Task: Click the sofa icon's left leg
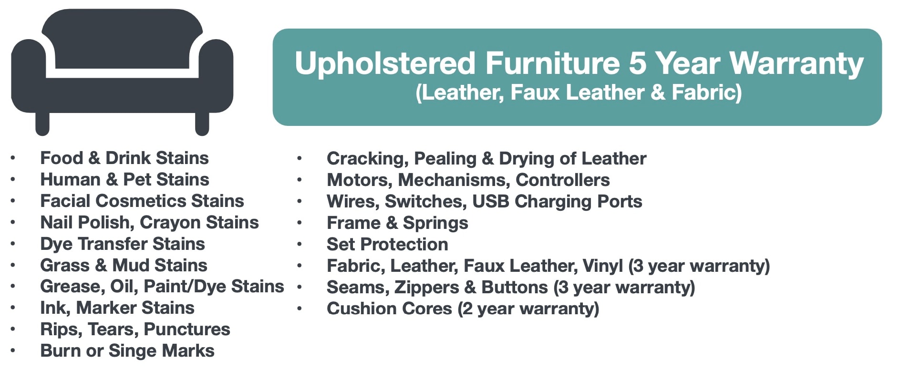click(x=42, y=124)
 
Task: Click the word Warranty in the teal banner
click(x=796, y=63)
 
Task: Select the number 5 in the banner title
click(x=637, y=63)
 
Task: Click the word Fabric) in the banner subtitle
click(x=707, y=93)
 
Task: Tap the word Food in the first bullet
click(x=62, y=158)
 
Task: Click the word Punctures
click(x=186, y=329)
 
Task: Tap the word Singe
click(x=133, y=351)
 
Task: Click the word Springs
click(x=435, y=223)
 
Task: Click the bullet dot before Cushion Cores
click(x=300, y=309)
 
